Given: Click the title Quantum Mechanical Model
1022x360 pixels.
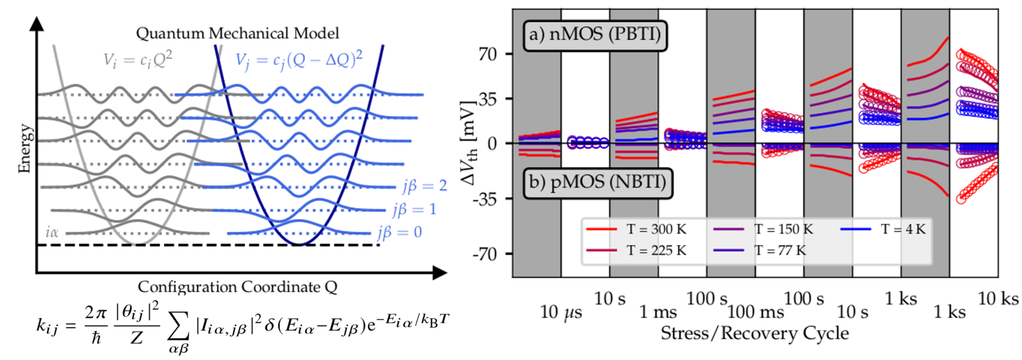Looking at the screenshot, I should pos(237,34).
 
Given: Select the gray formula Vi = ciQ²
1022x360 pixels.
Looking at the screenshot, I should pos(137,60).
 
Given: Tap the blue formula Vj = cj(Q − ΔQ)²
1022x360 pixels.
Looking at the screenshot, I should pos(299,60).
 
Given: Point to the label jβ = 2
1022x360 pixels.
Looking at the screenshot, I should pos(425,186).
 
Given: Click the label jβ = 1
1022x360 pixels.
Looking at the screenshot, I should pos(414,210).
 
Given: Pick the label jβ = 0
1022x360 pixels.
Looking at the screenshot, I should pos(400,232).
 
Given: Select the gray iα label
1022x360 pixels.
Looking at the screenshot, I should pos(52,232).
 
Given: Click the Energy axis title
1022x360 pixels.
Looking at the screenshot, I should pos(24,148).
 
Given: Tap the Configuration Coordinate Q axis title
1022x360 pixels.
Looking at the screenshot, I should pos(237,287).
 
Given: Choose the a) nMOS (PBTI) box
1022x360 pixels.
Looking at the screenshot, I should pos(594,35).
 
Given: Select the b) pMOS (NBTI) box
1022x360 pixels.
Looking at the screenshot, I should pos(597,182).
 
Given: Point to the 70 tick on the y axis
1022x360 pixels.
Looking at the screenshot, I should pos(488,55).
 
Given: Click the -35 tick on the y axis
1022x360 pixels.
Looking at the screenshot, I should pos(485,199).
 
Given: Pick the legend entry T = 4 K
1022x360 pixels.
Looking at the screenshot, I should pos(903,229).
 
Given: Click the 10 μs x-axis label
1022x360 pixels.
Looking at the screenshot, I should pos(560,312).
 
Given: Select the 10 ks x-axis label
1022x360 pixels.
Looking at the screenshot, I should pos(998,298).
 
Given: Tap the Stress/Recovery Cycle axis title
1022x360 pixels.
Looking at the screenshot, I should pos(755,333).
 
